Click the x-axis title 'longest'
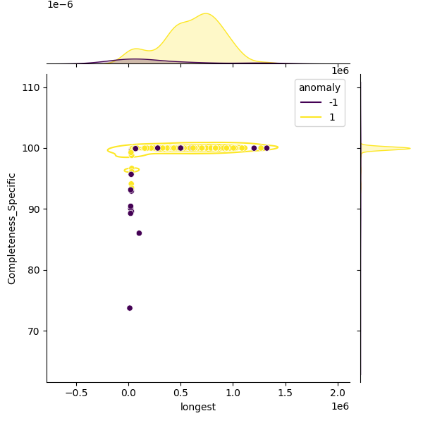pos(198,407)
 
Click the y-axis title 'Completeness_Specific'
pos(12,228)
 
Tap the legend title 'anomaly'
pos(319,87)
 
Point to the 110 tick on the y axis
pos(32,87)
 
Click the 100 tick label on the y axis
pos(32,148)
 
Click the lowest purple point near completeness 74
pos(130,308)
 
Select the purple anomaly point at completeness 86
pos(139,233)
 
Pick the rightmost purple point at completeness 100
pos(266,148)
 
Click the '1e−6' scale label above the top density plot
pos(60,5)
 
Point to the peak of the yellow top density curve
pos(206,13)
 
